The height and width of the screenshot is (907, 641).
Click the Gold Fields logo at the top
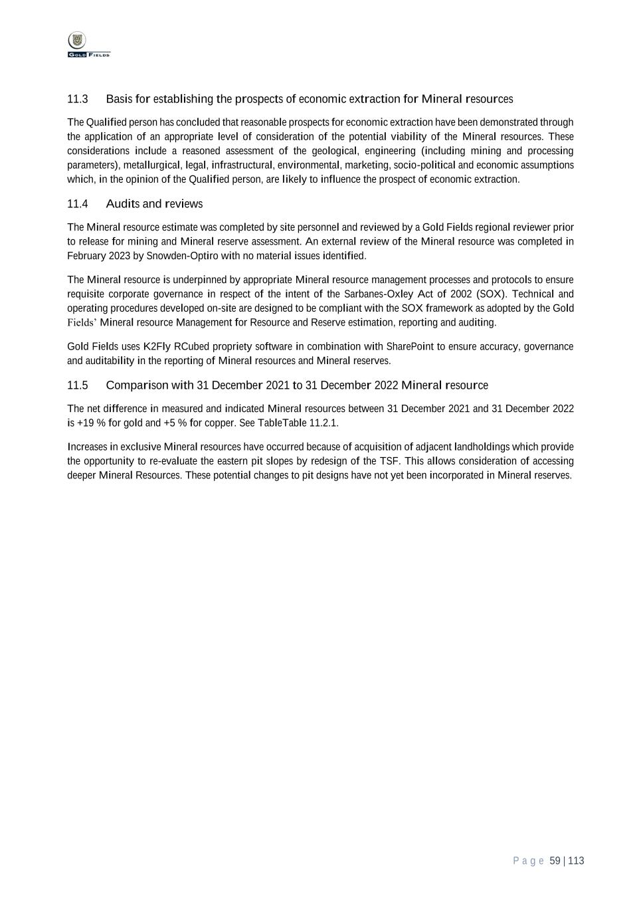click(x=88, y=45)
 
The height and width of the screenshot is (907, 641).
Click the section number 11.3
click(x=78, y=99)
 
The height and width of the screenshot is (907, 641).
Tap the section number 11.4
click(x=78, y=204)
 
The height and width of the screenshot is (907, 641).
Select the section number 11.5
click(x=78, y=385)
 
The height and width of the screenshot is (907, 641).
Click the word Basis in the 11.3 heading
click(x=119, y=99)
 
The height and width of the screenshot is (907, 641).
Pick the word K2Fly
click(x=157, y=347)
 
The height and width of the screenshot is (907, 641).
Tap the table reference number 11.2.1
click(x=323, y=423)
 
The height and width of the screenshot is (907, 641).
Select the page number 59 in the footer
click(x=555, y=861)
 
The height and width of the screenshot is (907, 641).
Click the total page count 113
click(x=576, y=861)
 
